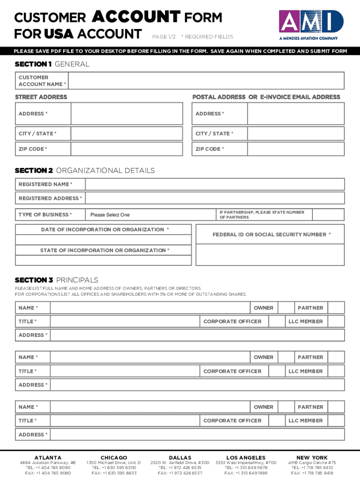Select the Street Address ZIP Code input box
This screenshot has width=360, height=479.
127,149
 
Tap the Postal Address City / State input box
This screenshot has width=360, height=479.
296,134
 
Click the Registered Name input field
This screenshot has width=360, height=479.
215,184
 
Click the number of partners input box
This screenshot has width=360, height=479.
328,215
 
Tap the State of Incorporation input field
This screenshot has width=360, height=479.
103,261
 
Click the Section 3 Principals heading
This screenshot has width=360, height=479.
57,280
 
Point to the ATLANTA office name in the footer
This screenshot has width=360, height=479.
48,457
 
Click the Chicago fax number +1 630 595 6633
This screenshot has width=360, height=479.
114,473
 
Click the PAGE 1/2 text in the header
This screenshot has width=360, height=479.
163,36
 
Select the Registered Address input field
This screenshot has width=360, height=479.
215,198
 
